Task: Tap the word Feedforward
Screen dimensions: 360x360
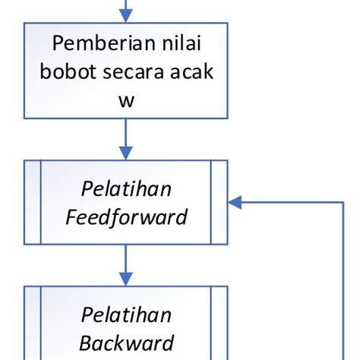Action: [126, 217]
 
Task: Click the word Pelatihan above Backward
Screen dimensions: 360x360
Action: [126, 314]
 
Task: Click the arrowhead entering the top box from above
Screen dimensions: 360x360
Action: [126, 15]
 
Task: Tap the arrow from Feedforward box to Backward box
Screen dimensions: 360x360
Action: [126, 264]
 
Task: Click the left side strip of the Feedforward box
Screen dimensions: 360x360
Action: [32, 203]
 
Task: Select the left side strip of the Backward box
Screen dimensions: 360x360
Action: [32, 323]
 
